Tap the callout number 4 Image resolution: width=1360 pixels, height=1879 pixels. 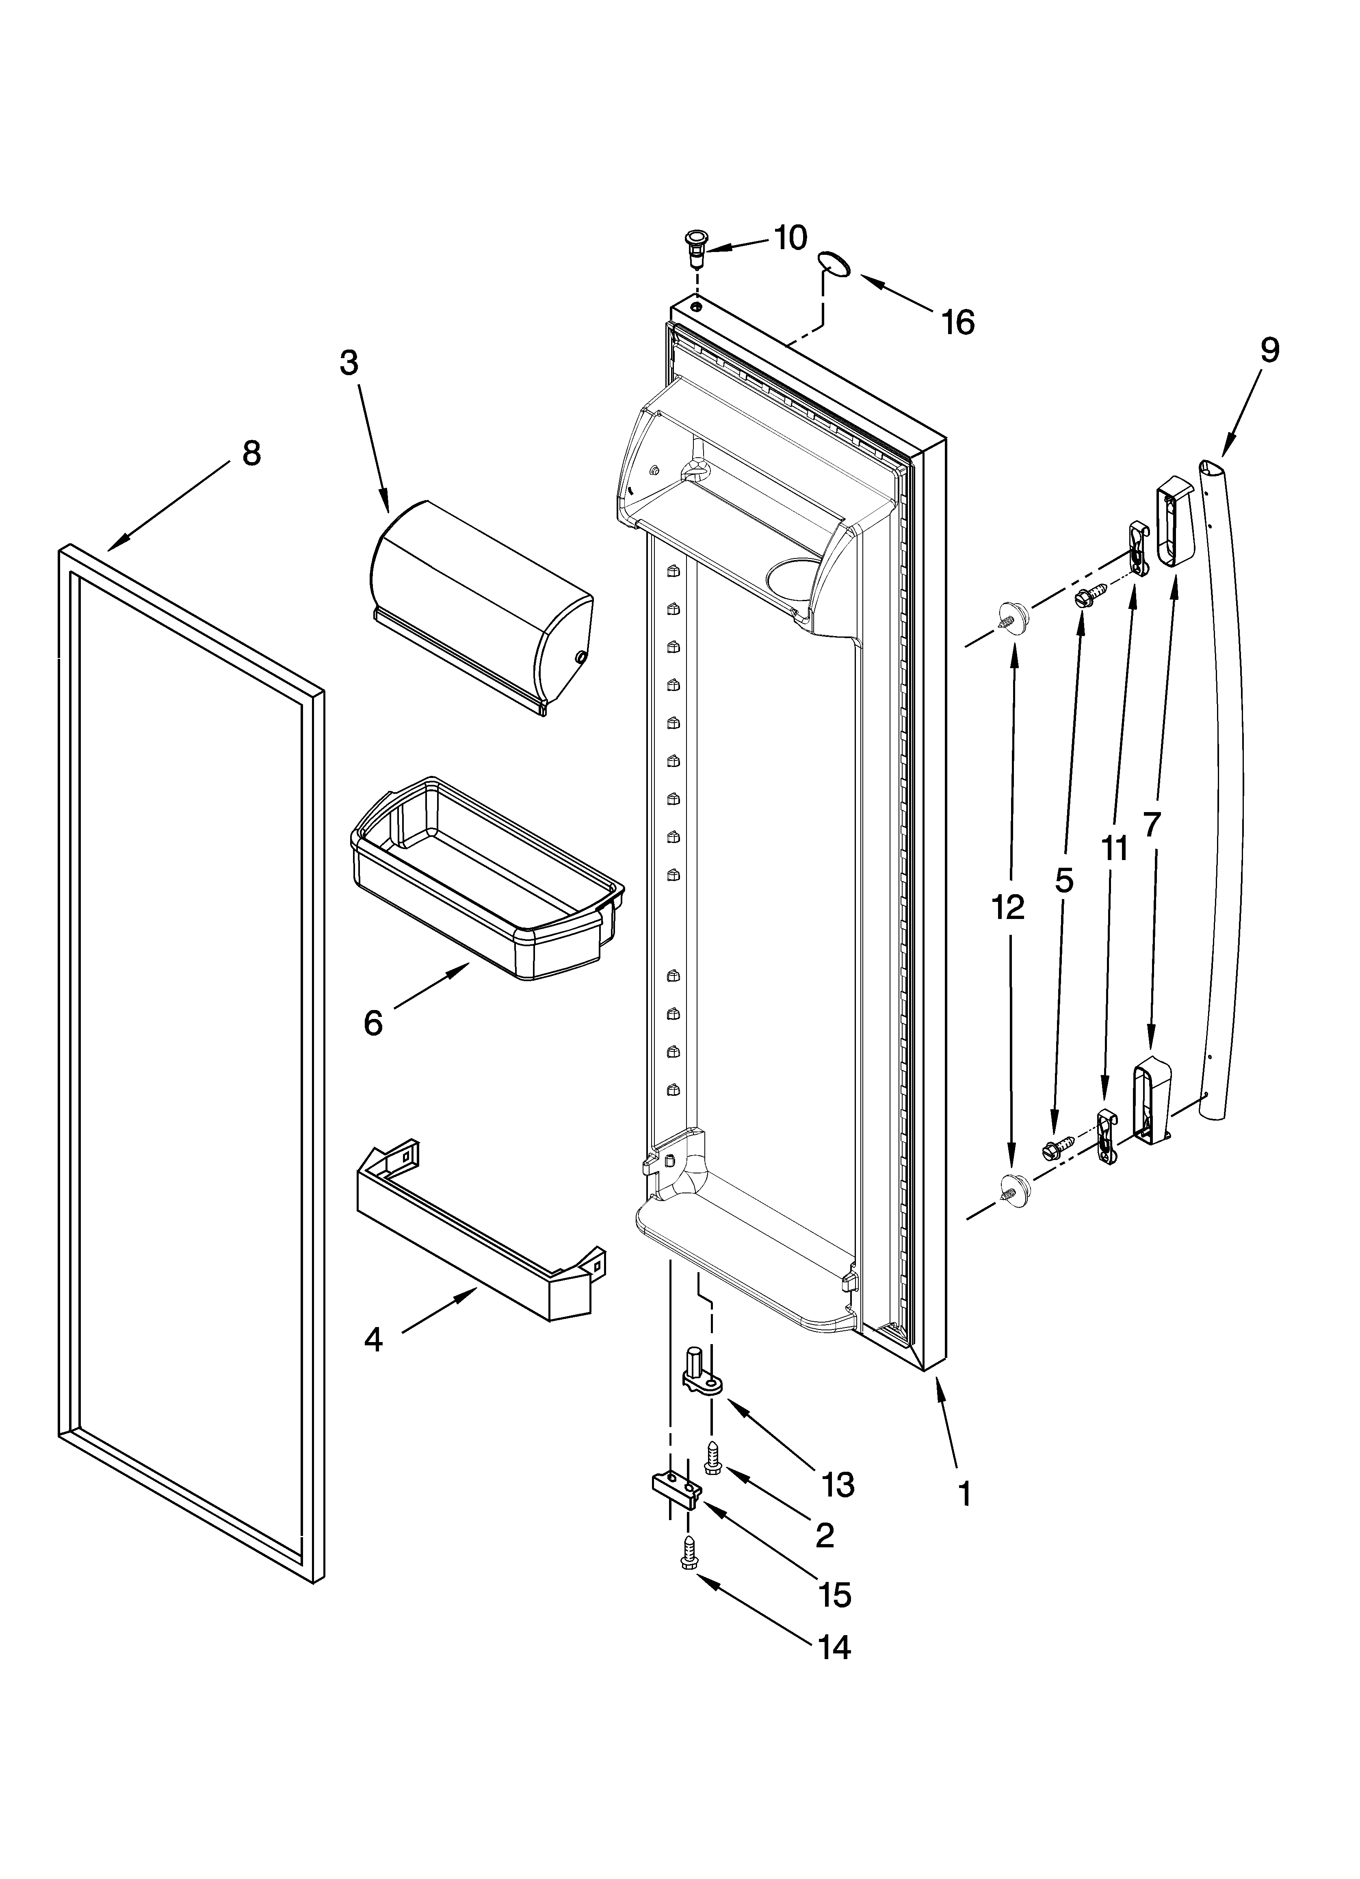(x=374, y=1340)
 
